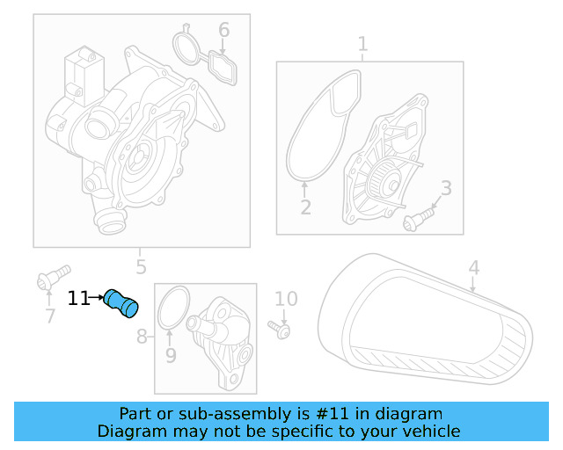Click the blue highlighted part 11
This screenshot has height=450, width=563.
pyautogui.click(x=121, y=303)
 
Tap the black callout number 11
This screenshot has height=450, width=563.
pyautogui.click(x=78, y=298)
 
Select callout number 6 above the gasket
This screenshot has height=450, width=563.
pyautogui.click(x=223, y=30)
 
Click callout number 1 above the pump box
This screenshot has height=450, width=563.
pyautogui.click(x=362, y=44)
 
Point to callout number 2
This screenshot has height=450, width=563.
pyautogui.click(x=305, y=207)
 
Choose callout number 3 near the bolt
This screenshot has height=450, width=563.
pyautogui.click(x=446, y=188)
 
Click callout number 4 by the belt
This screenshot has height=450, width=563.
pyautogui.click(x=474, y=268)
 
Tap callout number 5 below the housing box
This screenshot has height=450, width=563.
pyautogui.click(x=141, y=267)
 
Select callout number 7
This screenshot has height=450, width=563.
pyautogui.click(x=50, y=316)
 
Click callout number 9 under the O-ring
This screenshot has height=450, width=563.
pyautogui.click(x=171, y=355)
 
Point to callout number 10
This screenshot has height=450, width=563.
pyautogui.click(x=286, y=299)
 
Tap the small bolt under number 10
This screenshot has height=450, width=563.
pyautogui.click(x=279, y=330)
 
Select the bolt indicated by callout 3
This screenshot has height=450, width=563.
pyautogui.click(x=419, y=220)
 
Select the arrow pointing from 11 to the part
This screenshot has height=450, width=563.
pyautogui.click(x=97, y=297)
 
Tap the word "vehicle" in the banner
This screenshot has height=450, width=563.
pyautogui.click(x=436, y=431)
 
